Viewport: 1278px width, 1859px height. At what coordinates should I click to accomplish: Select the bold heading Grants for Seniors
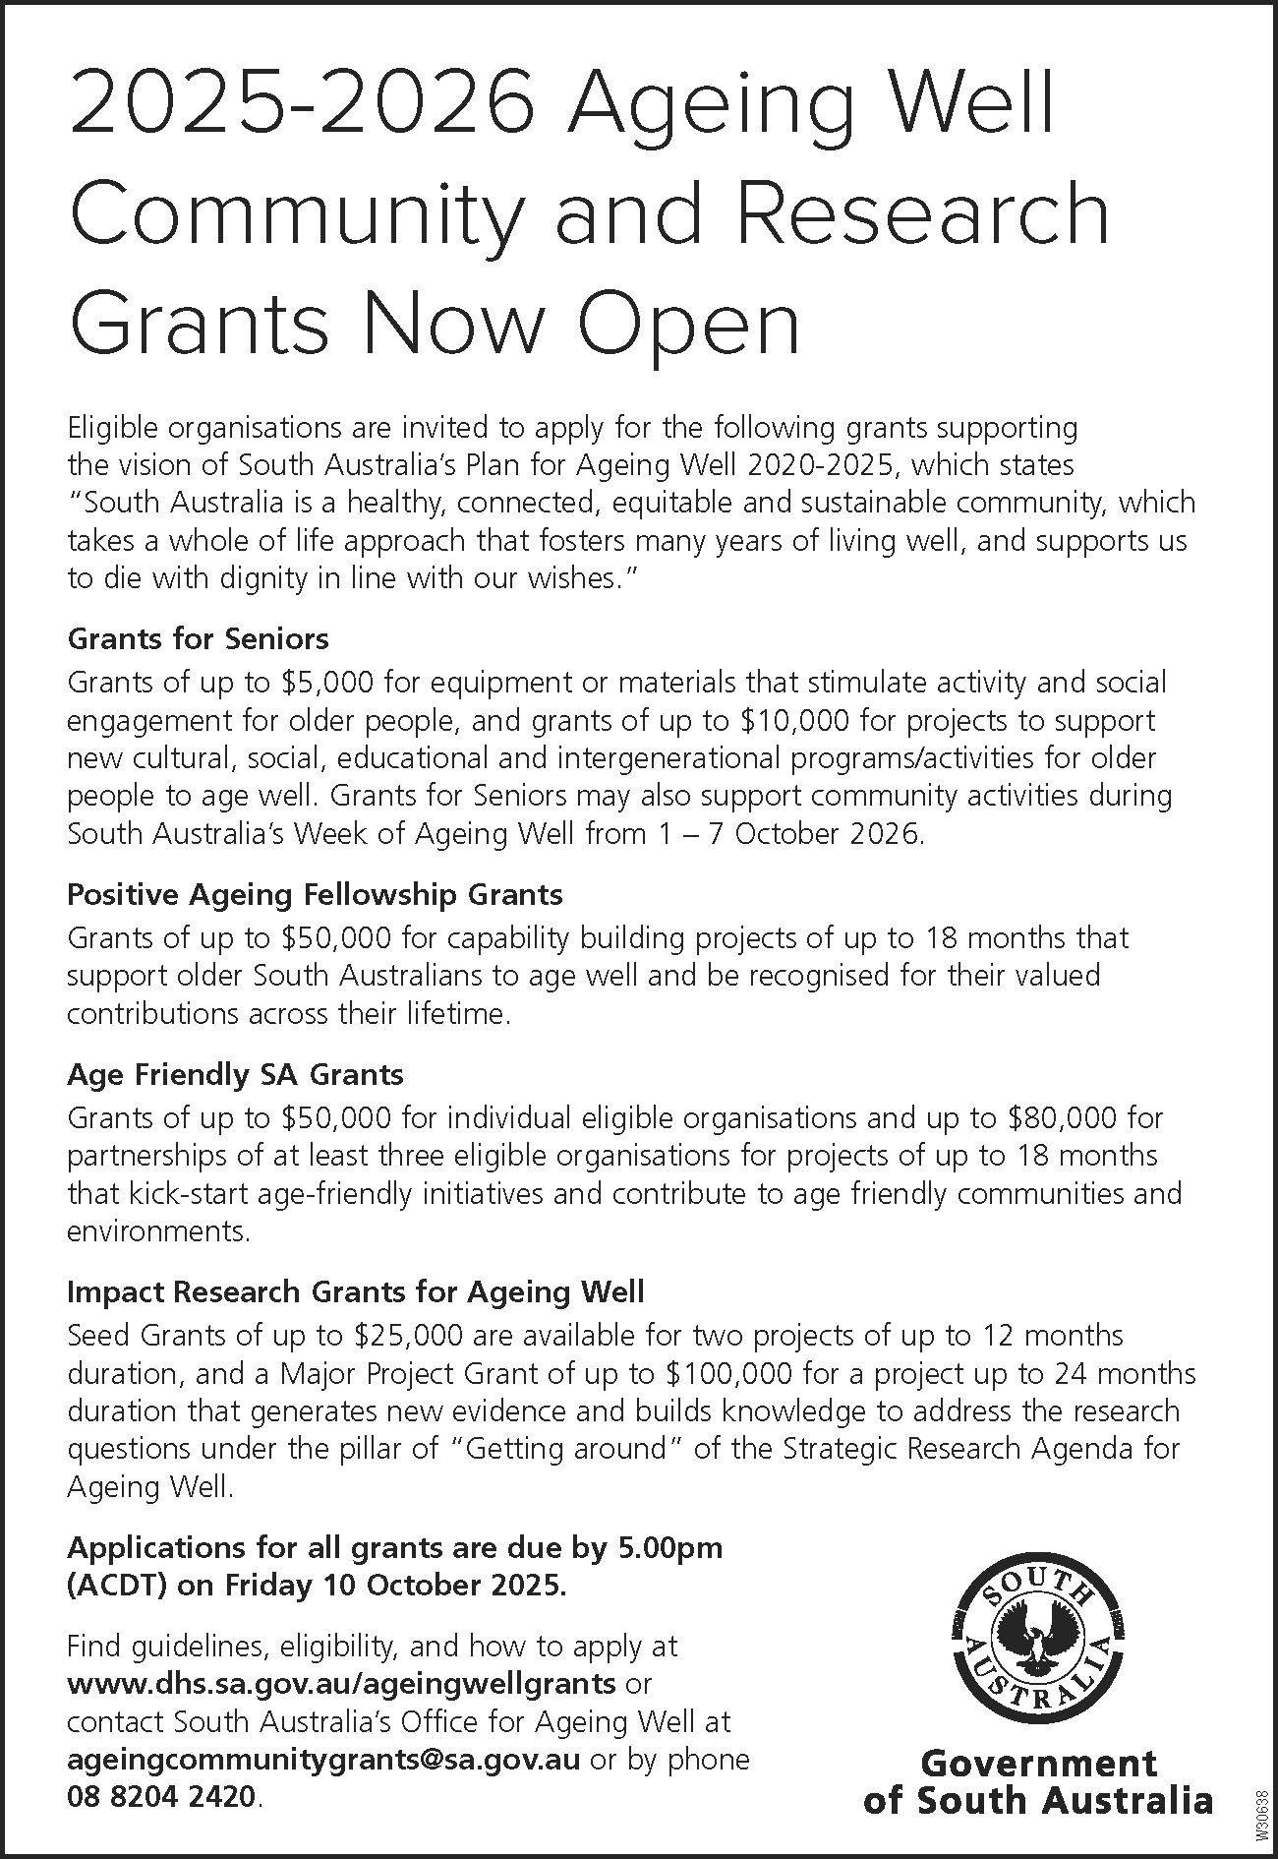[198, 639]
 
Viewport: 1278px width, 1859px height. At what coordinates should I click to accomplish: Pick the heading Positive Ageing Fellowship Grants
[315, 895]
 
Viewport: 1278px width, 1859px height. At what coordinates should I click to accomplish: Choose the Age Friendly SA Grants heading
[235, 1074]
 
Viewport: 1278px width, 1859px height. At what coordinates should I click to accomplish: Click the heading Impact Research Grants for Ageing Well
[355, 1291]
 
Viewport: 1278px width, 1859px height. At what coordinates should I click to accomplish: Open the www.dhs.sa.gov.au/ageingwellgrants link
[341, 1683]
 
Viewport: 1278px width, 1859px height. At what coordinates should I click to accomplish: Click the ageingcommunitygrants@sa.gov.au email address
[323, 1759]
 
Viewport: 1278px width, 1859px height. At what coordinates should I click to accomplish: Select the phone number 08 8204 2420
[163, 1797]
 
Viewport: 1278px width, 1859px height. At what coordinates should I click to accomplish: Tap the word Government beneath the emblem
[1038, 1762]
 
